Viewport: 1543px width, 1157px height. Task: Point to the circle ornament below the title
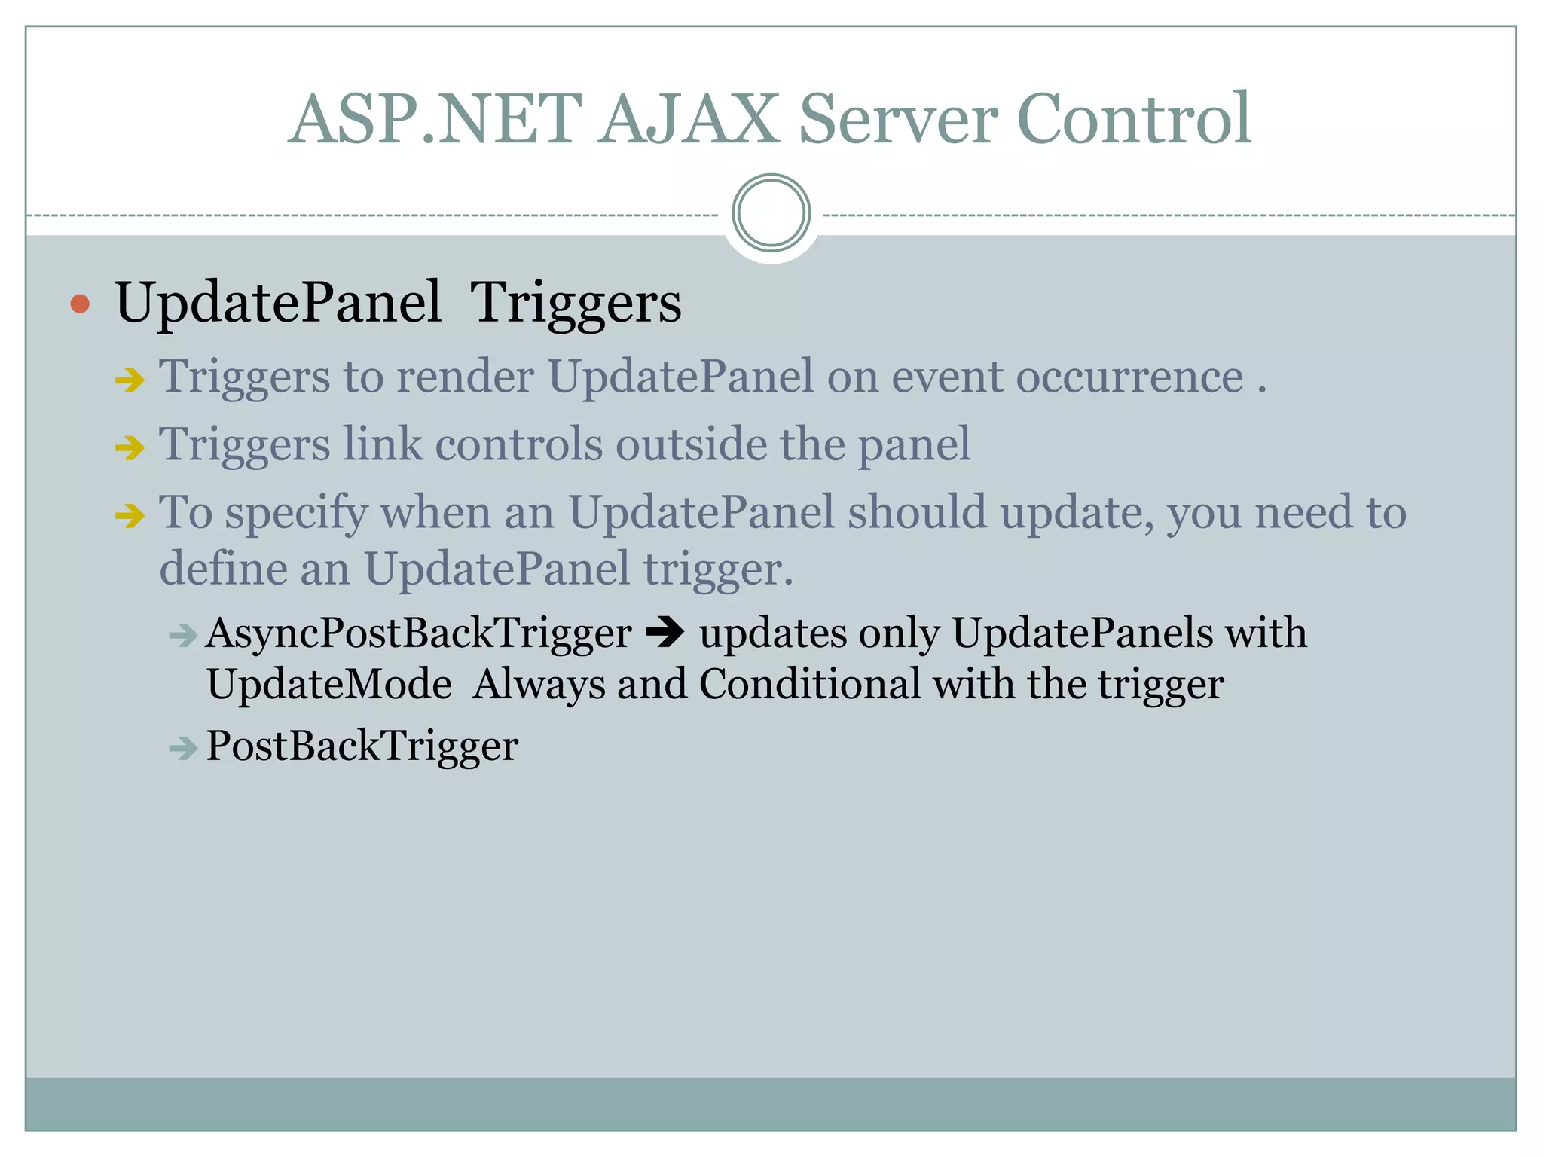(x=771, y=212)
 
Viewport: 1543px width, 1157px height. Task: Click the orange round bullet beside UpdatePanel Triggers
(x=80, y=304)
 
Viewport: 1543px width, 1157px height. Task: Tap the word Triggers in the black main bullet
(x=576, y=303)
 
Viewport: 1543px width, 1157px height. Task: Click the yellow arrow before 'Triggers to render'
(x=130, y=380)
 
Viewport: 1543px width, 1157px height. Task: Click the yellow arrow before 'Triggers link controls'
(x=130, y=448)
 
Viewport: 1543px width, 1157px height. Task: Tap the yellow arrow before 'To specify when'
(x=130, y=516)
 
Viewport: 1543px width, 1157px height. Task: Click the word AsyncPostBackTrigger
(x=418, y=633)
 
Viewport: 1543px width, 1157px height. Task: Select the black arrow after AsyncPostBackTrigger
(x=665, y=633)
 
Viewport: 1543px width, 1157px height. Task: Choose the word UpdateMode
(x=329, y=685)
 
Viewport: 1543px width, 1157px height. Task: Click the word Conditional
(x=810, y=685)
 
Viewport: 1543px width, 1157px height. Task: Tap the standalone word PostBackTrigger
(x=362, y=746)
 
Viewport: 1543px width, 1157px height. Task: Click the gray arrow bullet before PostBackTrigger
(x=182, y=749)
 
